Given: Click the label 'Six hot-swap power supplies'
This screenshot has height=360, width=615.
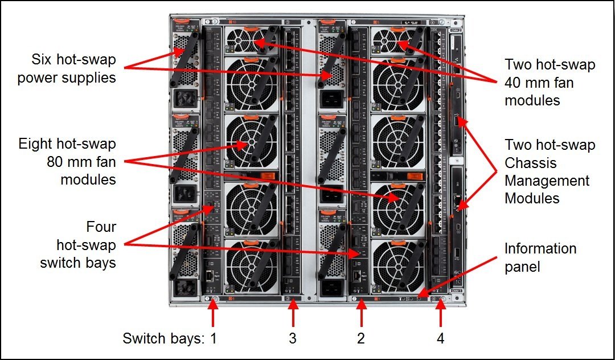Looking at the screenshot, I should click(66, 68).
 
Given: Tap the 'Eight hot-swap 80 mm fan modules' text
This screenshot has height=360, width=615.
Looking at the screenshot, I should click(67, 161).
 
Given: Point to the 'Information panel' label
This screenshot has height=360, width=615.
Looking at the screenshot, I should click(540, 258).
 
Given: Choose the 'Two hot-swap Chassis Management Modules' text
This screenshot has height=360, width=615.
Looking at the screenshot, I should click(550, 171).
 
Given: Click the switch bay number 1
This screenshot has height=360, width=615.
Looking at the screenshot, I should click(214, 339).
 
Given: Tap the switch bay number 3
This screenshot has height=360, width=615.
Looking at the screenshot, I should click(293, 339).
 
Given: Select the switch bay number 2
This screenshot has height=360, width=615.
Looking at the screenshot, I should click(360, 339).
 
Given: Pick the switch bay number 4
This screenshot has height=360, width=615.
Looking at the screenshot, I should click(440, 339).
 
